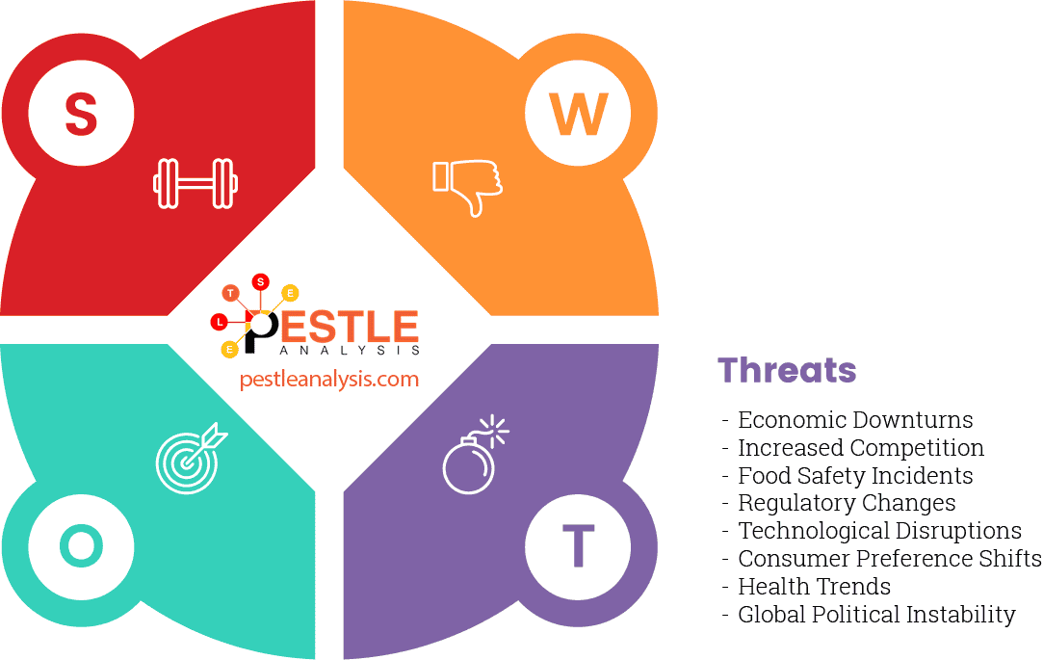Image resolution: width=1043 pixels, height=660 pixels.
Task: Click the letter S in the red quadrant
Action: point(81,115)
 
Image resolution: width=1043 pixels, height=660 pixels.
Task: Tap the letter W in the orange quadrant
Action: point(578,115)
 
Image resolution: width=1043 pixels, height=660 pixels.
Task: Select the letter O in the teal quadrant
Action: point(81,546)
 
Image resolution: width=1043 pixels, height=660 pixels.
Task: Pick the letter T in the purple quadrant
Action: point(578,546)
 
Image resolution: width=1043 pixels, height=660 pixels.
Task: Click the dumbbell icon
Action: point(196,182)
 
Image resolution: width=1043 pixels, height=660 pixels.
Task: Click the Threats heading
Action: point(787,370)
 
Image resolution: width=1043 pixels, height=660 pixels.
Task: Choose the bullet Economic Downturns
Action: point(855,420)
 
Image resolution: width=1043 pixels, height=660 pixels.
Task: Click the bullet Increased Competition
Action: point(861,448)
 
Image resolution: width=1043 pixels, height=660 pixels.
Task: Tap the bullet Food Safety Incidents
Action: point(855,476)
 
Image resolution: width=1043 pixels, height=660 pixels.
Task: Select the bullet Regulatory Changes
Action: point(847,503)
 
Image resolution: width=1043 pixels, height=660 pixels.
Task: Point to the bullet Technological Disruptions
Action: point(879,531)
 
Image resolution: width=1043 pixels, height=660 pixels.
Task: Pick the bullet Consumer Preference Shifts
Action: point(889,559)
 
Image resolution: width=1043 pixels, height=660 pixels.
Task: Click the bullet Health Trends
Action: point(814,586)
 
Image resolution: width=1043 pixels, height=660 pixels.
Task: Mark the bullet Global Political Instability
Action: point(876,614)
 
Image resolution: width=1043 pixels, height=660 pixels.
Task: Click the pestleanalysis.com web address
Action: point(329,379)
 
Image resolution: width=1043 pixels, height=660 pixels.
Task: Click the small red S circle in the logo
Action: point(260,282)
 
